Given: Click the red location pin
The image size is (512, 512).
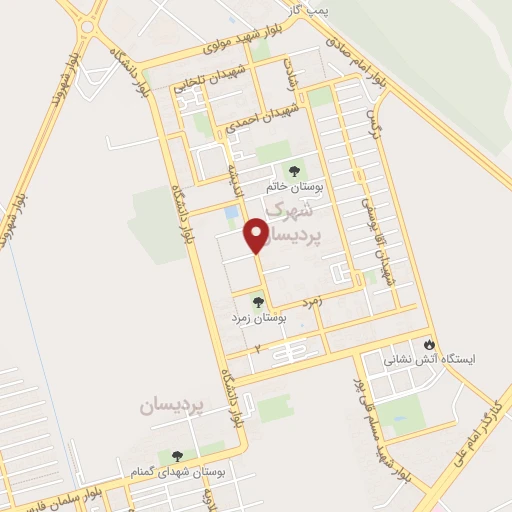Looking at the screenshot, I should (257, 235).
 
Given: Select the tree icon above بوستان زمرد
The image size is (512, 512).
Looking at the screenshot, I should (258, 300).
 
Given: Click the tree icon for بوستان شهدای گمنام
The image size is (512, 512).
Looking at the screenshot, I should (178, 455).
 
